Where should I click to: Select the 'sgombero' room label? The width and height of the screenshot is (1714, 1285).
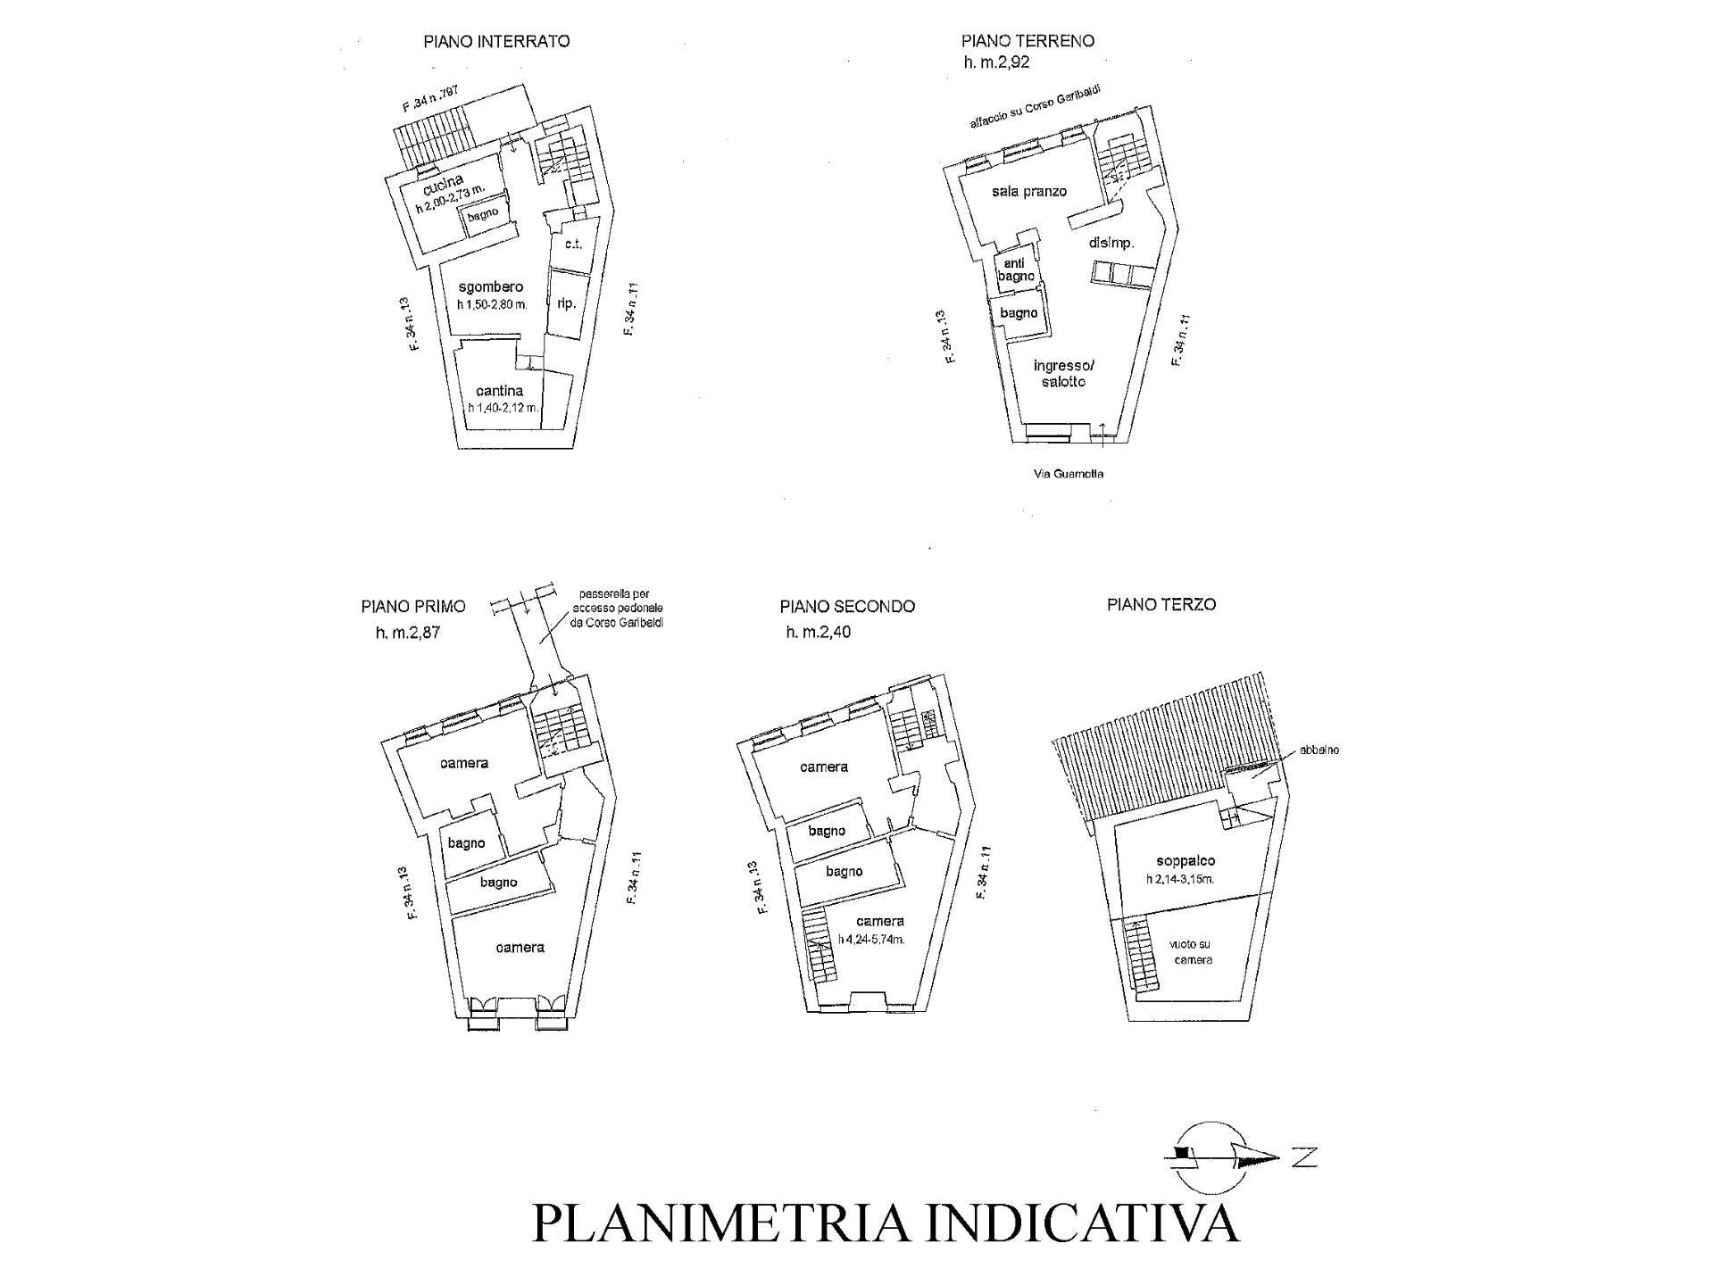click(x=490, y=287)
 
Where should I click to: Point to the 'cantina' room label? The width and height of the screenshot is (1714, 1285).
click(x=499, y=391)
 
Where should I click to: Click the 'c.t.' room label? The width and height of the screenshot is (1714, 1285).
click(x=572, y=243)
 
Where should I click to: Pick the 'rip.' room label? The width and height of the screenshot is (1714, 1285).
click(x=566, y=303)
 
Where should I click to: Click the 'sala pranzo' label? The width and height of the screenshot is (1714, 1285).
click(x=1028, y=191)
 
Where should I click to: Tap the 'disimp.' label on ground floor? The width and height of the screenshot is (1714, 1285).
click(x=1111, y=243)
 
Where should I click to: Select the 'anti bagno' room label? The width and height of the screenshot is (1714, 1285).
click(x=1016, y=269)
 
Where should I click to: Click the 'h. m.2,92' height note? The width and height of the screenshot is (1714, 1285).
click(x=996, y=62)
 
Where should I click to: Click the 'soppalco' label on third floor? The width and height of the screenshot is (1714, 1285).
click(x=1185, y=861)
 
